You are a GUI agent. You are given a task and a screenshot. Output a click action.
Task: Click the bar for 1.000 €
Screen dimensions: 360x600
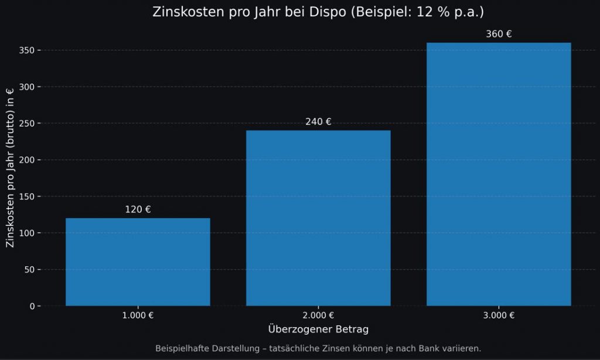(138, 262)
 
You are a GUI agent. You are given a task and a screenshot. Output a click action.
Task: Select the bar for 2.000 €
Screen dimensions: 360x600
(318, 218)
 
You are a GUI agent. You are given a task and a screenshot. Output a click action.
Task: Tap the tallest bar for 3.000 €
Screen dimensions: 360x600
(499, 174)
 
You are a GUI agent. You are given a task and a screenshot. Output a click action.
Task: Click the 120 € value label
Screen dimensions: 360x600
(138, 210)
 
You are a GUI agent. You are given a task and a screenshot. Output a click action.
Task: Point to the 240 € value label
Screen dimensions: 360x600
(318, 122)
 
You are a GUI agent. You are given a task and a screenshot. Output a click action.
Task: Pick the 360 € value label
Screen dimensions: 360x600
(499, 34)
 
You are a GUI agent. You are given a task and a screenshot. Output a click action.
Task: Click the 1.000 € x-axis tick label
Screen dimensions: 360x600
(138, 315)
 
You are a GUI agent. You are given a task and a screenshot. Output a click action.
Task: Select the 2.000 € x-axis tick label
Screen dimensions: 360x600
(318, 315)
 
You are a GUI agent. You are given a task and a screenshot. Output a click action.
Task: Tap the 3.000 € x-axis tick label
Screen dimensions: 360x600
(499, 315)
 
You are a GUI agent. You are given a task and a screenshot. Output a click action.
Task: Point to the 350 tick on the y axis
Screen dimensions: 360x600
(27, 50)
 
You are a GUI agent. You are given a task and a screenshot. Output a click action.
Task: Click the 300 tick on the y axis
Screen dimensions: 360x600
(27, 87)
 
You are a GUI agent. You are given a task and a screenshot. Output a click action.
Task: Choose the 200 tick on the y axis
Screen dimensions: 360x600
(27, 160)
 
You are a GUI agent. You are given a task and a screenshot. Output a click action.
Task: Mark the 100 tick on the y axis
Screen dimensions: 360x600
(27, 233)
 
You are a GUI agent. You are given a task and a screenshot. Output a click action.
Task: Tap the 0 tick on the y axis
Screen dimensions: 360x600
(32, 306)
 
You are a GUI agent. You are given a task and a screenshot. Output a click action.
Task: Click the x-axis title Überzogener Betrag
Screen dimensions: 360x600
(318, 329)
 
